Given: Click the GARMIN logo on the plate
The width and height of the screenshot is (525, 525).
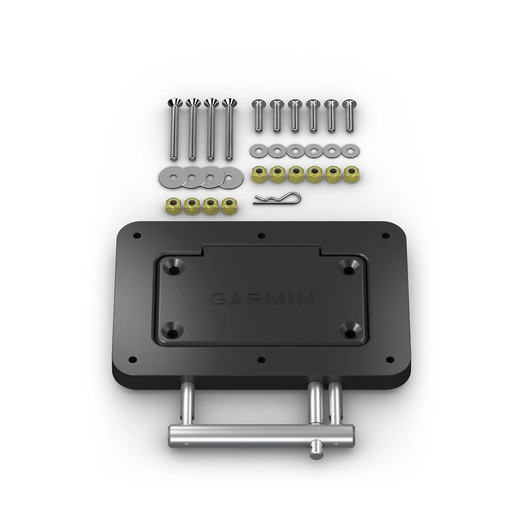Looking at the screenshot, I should click(x=262, y=300).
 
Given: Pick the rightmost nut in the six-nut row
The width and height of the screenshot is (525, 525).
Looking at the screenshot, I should click(x=350, y=175).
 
